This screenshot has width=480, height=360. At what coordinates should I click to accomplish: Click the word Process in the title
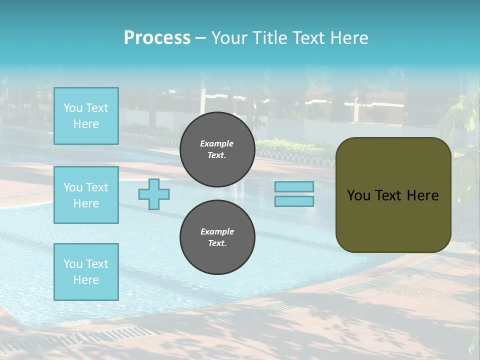point(157,38)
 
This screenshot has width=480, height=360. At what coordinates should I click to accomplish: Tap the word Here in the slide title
point(347,38)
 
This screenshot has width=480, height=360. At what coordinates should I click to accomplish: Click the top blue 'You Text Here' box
point(86,116)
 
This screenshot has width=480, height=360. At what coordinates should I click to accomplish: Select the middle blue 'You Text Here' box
point(86,195)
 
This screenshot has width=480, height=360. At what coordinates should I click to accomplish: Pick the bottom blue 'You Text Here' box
point(86,272)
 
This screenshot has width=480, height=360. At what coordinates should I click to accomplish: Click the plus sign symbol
point(154,194)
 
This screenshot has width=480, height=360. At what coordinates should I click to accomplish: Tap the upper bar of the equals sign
point(294,186)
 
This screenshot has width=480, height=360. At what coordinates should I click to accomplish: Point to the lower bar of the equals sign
point(294,201)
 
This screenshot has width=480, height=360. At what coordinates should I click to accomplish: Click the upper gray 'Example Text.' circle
point(217,149)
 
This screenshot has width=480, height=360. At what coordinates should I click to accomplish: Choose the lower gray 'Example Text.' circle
point(217,237)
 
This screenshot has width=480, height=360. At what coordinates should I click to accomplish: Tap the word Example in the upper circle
point(217,143)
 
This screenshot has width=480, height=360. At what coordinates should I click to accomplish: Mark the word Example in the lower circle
point(217,231)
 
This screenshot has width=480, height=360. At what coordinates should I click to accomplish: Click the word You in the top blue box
point(73,108)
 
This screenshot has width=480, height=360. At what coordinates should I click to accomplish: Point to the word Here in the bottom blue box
point(86,280)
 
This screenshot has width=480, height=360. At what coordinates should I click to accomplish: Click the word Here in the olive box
point(422,195)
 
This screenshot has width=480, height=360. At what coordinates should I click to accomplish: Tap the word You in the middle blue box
point(73,187)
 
